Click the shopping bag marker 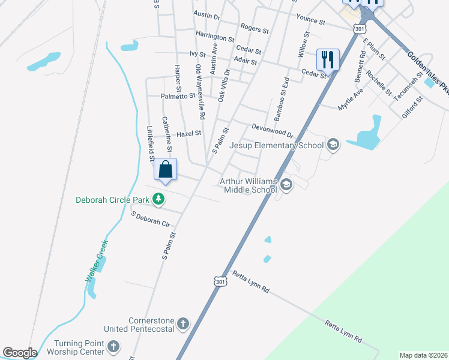tap(166, 169)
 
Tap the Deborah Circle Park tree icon tap(158, 199)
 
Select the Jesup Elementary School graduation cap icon tap(333, 145)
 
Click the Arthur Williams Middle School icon tap(286, 185)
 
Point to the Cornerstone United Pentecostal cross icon tap(184, 325)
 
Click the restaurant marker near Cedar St tap(328, 59)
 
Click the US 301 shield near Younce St tap(359, 28)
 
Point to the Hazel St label tap(188, 134)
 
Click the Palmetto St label tap(178, 96)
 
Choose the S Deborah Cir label tap(151, 219)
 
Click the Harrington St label tap(214, 37)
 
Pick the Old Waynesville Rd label tap(200, 91)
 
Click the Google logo tap(20, 352)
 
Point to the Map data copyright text tap(423, 355)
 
